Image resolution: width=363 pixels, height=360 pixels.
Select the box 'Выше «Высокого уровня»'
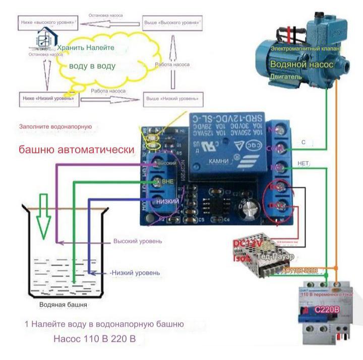174,23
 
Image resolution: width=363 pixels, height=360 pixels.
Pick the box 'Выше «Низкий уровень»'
173,99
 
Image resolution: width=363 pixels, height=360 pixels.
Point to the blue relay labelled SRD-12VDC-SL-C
227,146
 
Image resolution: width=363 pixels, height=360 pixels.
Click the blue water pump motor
297,55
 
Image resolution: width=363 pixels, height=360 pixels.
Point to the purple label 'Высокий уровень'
138,241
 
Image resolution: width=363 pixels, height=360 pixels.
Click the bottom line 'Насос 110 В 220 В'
95,338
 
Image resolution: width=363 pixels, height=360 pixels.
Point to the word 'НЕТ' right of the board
303,164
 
